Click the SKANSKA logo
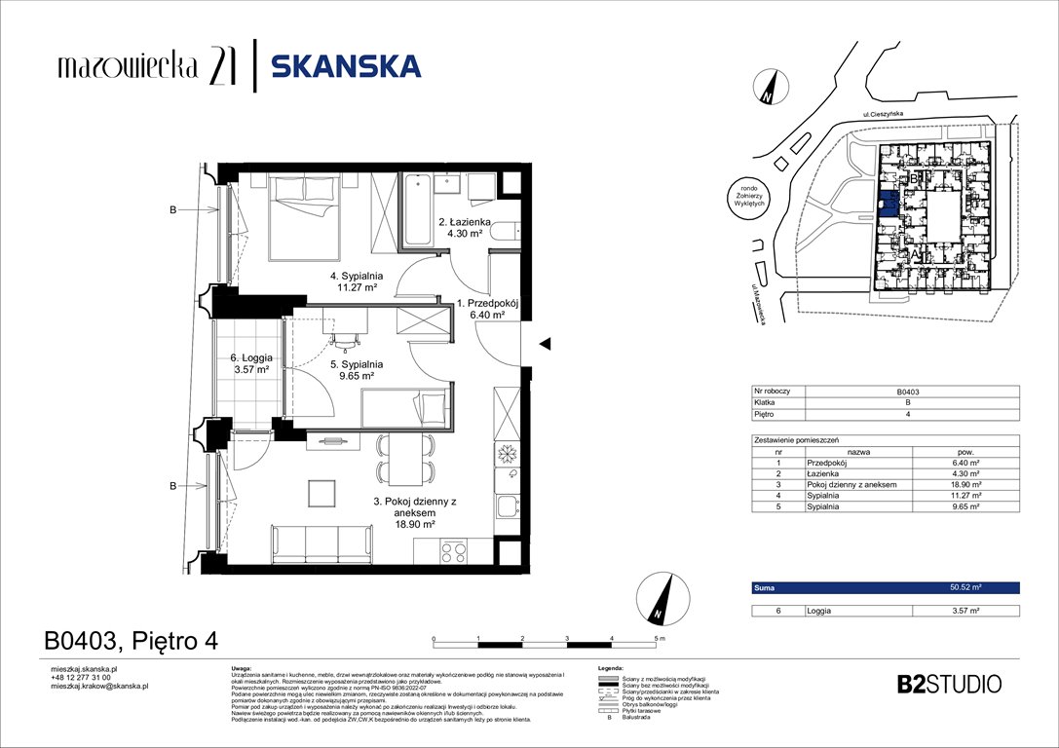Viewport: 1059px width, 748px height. click(346, 66)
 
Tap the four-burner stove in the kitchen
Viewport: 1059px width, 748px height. click(454, 552)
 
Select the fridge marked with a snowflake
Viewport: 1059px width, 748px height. click(508, 454)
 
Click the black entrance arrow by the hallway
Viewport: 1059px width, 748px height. click(546, 343)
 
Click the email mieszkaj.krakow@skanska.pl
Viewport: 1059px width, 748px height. click(98, 686)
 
